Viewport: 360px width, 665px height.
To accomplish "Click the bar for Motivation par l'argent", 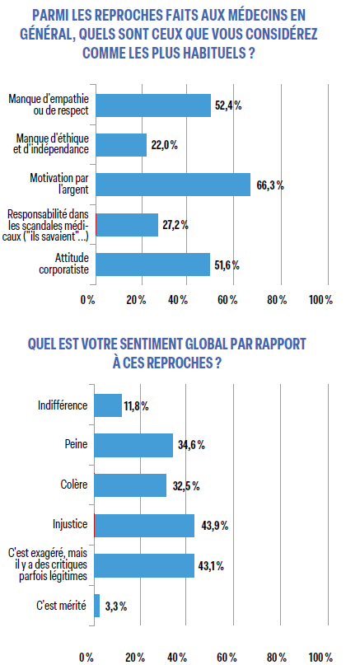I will point(173,185).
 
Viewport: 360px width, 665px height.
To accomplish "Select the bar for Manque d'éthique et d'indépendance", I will point(121,145).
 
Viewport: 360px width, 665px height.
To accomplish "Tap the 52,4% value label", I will point(228,105).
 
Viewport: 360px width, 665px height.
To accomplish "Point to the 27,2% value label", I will point(175,225).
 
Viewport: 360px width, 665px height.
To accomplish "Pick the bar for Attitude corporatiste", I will point(152,264).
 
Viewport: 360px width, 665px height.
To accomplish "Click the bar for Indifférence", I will point(108,405).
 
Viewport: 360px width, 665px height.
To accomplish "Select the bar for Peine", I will point(134,445).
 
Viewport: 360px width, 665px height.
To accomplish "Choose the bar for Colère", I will point(131,485).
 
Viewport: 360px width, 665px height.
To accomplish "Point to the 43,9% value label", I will point(212,526).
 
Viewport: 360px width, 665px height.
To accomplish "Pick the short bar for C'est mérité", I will point(98,606).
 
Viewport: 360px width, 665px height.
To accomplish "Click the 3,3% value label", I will point(116,606).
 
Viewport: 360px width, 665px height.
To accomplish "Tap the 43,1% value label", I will point(210,565).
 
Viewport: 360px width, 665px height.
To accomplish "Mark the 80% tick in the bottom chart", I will point(274,657).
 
